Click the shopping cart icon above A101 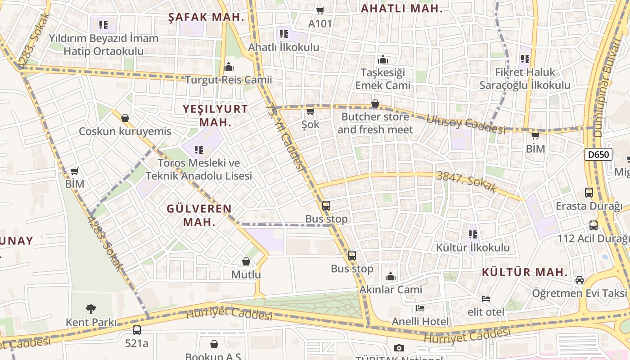(x=320, y=10)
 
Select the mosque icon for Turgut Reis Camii (x=229, y=67)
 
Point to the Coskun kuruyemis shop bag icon (x=125, y=118)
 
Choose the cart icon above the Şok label (x=310, y=111)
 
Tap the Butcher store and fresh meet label (x=375, y=123)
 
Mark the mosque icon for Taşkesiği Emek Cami (x=383, y=59)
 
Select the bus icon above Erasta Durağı (x=589, y=193)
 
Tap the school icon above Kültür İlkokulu (x=472, y=234)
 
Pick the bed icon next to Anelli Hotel (x=420, y=308)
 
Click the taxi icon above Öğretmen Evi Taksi (x=580, y=280)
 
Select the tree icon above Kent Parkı (x=91, y=309)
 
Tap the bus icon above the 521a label (x=136, y=330)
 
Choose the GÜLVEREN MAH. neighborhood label (x=199, y=215)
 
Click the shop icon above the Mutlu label (x=246, y=261)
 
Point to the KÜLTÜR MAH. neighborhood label (x=525, y=272)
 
